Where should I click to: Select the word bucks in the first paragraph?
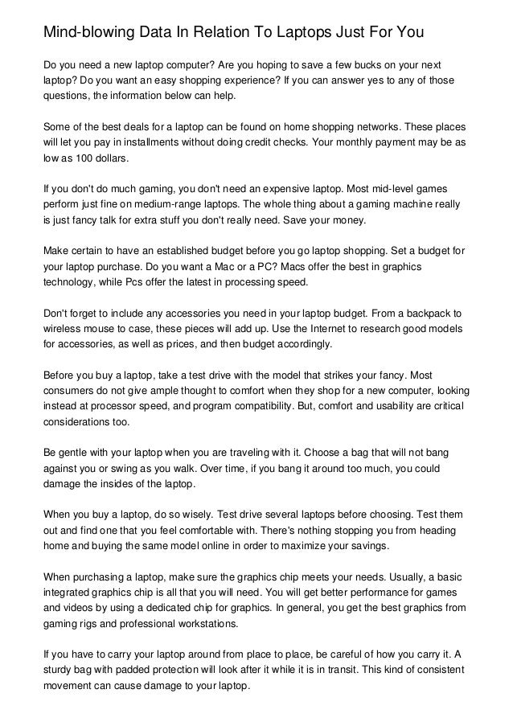(355, 64)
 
